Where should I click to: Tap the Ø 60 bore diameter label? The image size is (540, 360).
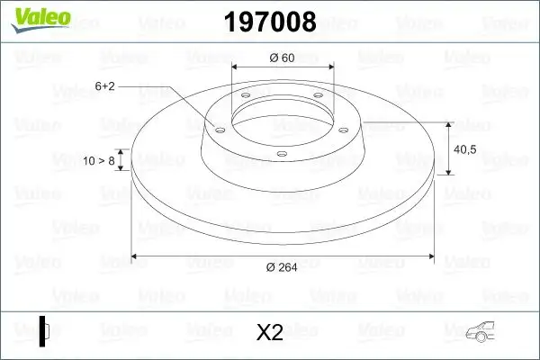[x=282, y=58]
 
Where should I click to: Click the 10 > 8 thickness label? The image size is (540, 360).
[x=98, y=161]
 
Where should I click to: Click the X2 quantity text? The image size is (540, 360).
[x=269, y=333]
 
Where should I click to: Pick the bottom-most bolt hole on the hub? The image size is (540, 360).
[x=281, y=153]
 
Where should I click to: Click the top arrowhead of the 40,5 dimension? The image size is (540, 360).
[x=447, y=125]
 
